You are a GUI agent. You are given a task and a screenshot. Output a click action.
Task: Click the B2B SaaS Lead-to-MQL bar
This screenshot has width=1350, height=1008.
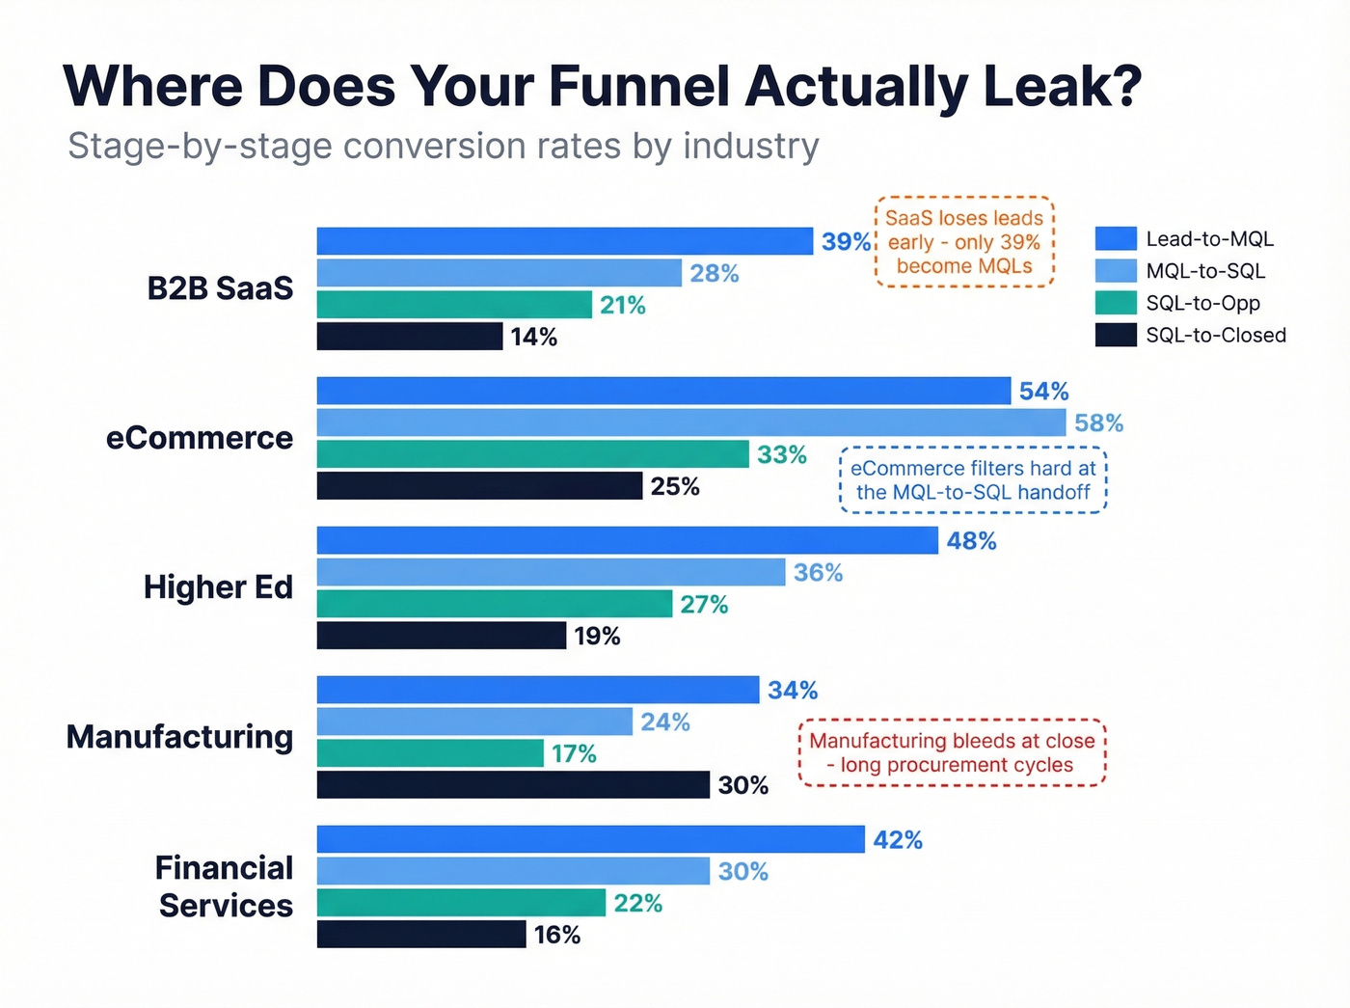click(x=564, y=241)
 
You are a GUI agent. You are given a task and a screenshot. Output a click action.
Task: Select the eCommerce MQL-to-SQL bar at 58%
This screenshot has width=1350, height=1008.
click(x=690, y=422)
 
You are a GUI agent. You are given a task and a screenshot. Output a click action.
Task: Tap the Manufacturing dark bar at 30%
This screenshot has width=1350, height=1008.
click(x=513, y=785)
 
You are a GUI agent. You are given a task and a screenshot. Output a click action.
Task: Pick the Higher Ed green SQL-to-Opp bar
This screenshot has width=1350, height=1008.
click(x=494, y=605)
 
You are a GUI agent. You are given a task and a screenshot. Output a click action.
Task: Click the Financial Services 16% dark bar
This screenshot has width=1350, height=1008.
click(x=420, y=935)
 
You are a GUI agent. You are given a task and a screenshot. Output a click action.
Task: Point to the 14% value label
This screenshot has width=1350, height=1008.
click(x=534, y=337)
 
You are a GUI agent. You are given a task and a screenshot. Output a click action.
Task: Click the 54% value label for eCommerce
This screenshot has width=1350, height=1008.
click(x=1043, y=392)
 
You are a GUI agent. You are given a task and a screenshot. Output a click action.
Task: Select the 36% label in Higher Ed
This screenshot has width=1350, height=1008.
click(x=818, y=573)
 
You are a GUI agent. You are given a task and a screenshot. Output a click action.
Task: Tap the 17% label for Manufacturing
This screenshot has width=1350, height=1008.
click(x=574, y=753)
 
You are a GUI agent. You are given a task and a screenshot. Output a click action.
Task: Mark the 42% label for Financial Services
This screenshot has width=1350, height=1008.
click(x=898, y=840)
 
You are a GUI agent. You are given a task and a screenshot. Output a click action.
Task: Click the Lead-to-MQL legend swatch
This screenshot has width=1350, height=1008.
click(x=1116, y=238)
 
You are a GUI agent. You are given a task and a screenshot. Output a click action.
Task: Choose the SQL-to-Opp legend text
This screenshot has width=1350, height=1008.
click(x=1202, y=303)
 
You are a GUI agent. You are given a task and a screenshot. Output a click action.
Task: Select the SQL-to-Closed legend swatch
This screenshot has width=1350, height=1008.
click(x=1116, y=335)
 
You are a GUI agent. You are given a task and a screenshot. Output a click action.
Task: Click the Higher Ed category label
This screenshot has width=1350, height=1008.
click(x=218, y=587)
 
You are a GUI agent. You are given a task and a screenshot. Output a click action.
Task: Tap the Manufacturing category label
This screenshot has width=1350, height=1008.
click(x=179, y=737)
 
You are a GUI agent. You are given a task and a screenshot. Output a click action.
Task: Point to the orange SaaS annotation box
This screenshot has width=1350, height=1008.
click(x=964, y=242)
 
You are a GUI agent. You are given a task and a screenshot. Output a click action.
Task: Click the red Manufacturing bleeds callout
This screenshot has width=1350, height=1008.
click(x=952, y=752)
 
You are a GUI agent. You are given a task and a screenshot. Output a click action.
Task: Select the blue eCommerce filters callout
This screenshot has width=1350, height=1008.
click(x=973, y=479)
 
